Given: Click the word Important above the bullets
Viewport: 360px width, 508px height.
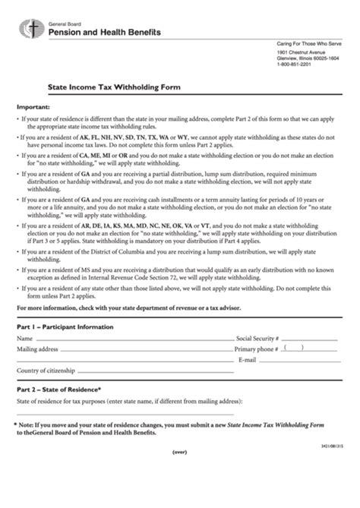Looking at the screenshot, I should pyautogui.click(x=33, y=107).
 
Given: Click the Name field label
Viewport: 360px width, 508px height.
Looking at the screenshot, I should pyautogui.click(x=25, y=337).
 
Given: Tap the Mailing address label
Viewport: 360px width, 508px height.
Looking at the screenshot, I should pyautogui.click(x=38, y=349).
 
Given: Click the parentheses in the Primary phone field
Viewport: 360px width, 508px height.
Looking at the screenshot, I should pyautogui.click(x=293, y=349).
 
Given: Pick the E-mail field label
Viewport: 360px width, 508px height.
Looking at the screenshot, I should pyautogui.click(x=248, y=359).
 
